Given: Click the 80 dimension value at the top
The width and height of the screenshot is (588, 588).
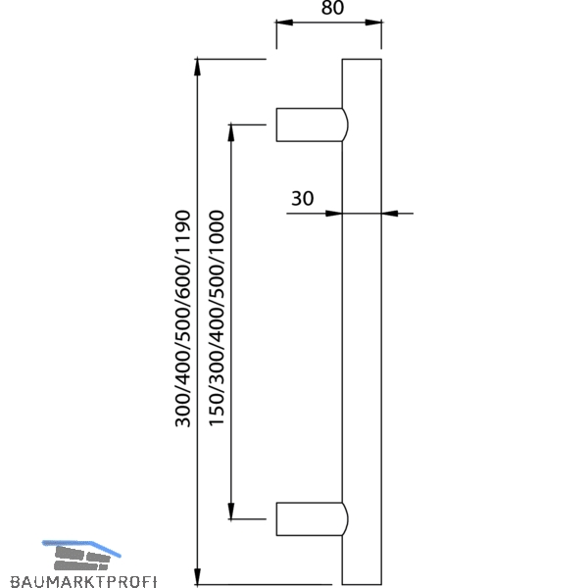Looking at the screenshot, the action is click(332, 8).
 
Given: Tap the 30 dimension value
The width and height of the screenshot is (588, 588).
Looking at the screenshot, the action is click(302, 198).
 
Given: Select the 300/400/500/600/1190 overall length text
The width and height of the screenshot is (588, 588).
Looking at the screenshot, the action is click(183, 318).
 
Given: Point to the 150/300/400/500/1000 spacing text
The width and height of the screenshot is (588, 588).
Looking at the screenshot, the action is click(216, 318).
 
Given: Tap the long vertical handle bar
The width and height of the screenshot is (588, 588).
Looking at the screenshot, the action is click(362, 321).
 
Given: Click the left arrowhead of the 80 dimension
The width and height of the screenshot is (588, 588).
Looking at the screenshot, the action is click(284, 23).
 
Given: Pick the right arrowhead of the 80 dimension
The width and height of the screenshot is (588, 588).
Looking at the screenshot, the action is click(373, 23).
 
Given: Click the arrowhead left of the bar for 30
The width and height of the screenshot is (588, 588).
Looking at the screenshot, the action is click(334, 214).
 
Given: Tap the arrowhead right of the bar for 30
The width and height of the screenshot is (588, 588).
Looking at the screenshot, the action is click(390, 214).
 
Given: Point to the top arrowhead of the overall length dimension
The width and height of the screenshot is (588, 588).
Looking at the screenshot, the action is click(198, 68).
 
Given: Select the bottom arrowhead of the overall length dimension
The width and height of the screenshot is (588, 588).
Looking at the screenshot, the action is click(198, 576).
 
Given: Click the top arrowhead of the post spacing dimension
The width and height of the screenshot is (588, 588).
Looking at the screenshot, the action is click(231, 133).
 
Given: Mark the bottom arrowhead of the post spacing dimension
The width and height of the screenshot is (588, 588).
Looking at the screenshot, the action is click(231, 511).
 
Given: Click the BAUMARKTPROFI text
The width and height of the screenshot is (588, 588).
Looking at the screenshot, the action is click(83, 581).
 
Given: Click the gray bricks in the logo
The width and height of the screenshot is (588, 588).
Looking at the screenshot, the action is click(81, 559).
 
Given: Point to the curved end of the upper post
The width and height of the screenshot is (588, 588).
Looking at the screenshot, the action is click(345, 124).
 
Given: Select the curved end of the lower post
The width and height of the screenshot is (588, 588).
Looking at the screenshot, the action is click(345, 519).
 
